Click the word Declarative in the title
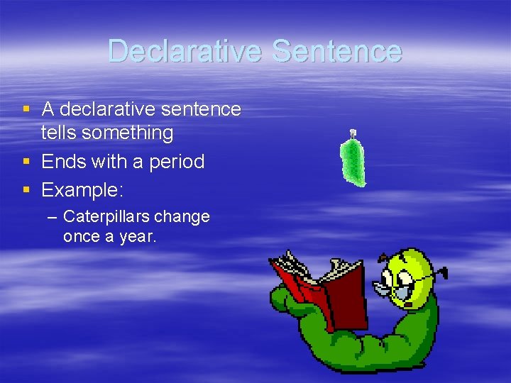186,51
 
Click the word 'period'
177,162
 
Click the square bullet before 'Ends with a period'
26,162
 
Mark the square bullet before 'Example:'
26,190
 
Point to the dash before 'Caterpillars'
53,216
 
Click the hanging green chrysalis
352,161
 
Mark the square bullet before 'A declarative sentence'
26,109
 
